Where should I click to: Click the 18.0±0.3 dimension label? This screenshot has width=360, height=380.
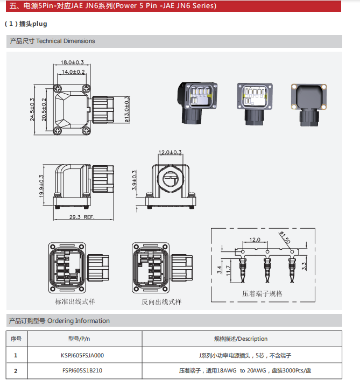(x=73, y=62)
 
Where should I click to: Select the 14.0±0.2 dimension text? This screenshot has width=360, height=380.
(x=73, y=72)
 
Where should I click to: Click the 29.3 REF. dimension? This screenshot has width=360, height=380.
(x=82, y=217)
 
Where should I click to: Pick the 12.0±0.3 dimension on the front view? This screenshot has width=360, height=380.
(x=170, y=152)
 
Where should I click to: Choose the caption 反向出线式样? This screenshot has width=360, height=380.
(x=161, y=301)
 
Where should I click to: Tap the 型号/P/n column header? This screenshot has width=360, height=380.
(x=79, y=339)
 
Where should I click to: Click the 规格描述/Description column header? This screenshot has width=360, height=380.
(x=241, y=339)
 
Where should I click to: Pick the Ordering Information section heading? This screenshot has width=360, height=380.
(x=59, y=321)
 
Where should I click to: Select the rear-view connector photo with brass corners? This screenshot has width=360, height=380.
(x=309, y=100)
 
